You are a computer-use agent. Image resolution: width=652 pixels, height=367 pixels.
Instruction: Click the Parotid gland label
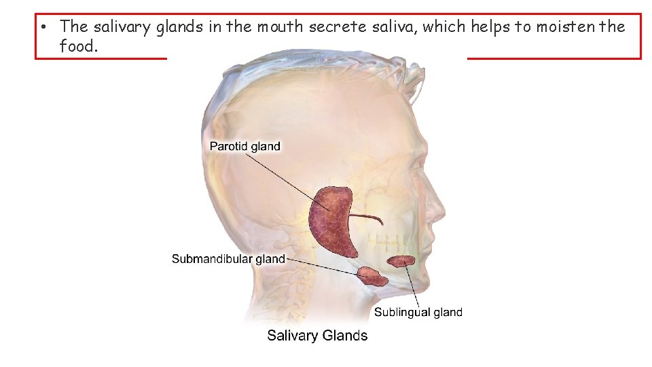click(244, 146)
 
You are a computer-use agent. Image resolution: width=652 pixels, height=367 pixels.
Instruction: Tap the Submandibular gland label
click(228, 259)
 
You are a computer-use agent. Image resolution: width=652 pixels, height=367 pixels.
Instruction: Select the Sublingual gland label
click(418, 312)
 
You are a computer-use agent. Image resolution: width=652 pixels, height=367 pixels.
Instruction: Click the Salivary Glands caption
click(317, 335)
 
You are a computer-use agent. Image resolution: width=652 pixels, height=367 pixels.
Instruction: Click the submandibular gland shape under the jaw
click(371, 275)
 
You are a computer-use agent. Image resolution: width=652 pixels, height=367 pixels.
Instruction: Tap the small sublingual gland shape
click(401, 260)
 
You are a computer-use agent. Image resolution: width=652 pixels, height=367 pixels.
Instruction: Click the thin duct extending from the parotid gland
click(369, 217)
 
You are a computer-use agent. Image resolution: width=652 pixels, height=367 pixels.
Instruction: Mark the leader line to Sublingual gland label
click(412, 285)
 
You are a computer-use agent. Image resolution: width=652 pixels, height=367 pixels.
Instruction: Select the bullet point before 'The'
click(42, 27)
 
